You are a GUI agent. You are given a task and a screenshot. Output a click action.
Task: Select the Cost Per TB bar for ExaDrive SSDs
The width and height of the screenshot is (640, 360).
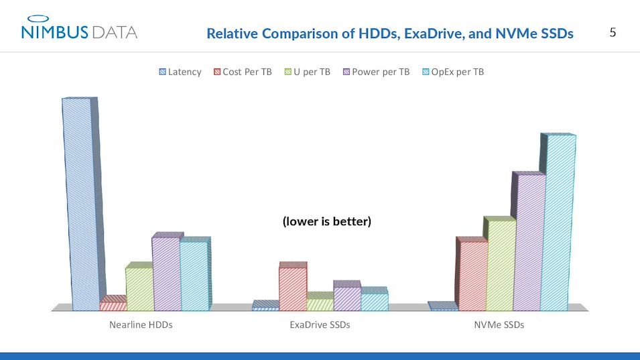[x=293, y=289]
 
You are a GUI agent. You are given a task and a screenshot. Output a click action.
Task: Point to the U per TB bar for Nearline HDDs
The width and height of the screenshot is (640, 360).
[x=139, y=289]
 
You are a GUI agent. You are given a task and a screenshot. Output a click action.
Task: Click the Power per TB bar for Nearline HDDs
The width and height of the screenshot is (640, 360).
[x=166, y=274]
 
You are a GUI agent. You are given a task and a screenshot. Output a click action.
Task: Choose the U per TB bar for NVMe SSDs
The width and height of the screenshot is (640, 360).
[x=500, y=265]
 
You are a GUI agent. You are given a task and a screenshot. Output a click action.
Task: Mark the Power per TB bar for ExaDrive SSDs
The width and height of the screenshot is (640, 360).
[x=347, y=298]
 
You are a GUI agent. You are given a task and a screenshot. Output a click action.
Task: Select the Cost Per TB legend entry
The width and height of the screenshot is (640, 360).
[x=242, y=72]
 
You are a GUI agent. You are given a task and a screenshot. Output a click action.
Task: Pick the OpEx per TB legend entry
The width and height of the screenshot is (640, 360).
[x=453, y=72]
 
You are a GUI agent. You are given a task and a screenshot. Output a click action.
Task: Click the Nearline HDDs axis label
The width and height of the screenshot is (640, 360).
[x=141, y=325]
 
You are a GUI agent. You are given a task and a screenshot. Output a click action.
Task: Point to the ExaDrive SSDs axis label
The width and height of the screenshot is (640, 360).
[x=320, y=325]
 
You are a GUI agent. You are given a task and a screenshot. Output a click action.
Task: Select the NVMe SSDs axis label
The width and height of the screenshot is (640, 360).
[x=499, y=325]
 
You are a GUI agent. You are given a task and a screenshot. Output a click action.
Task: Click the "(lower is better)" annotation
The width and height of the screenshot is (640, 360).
[x=326, y=221]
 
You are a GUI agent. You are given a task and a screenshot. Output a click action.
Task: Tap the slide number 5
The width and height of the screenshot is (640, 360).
[x=613, y=32]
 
